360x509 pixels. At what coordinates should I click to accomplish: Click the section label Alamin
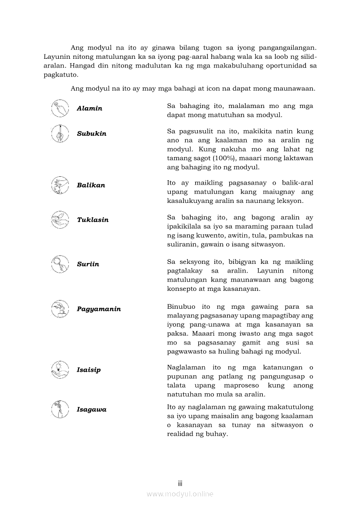(x=89, y=108)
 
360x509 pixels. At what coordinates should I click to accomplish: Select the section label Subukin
(x=92, y=134)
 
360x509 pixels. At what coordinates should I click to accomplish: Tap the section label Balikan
(x=91, y=185)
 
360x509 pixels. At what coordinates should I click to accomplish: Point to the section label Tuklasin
(x=92, y=220)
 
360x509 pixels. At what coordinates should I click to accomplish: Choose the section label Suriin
(x=88, y=264)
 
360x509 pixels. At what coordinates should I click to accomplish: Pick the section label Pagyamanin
(x=99, y=309)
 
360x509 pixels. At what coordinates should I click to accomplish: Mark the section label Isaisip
(x=88, y=370)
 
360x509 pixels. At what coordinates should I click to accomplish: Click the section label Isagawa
(x=92, y=410)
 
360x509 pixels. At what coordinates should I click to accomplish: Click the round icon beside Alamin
(x=60, y=108)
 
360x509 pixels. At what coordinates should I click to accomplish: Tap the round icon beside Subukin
(x=60, y=134)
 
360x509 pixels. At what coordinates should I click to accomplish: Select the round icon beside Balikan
(x=60, y=185)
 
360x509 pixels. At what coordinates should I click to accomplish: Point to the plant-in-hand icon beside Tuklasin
(x=60, y=220)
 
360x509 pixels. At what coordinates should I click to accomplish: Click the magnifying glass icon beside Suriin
(x=60, y=264)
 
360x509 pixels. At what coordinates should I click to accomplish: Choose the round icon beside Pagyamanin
(x=60, y=309)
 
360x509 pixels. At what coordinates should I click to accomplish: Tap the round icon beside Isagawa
(x=60, y=410)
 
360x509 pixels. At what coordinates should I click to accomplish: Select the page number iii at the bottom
(x=180, y=483)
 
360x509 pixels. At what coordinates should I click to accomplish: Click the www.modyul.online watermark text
(x=180, y=494)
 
